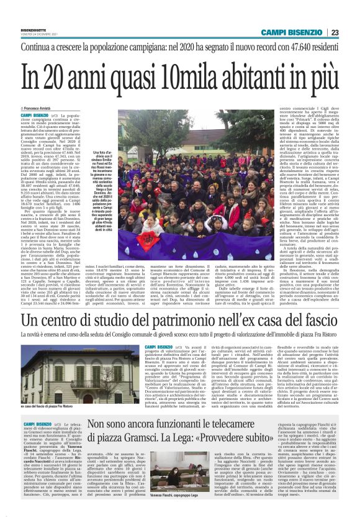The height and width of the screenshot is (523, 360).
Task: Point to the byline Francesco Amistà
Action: (x=47, y=109)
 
